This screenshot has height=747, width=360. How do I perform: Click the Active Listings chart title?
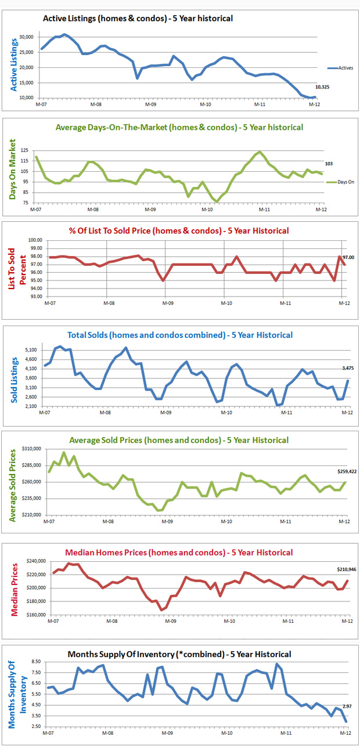click(138, 19)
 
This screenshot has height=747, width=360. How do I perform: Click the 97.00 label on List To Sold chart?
click(349, 257)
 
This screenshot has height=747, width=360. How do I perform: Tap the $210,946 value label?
click(347, 569)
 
